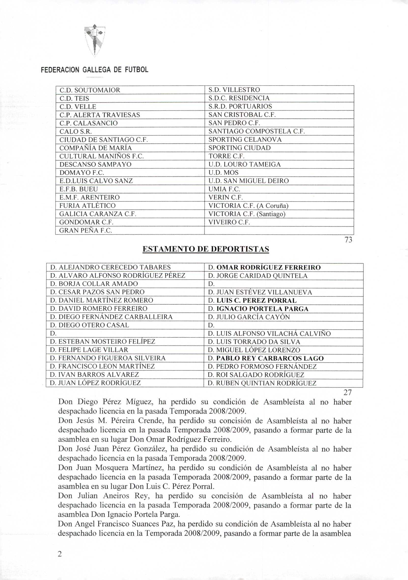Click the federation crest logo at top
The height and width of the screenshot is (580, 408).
click(x=95, y=40)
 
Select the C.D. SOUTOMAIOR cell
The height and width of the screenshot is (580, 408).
click(x=90, y=90)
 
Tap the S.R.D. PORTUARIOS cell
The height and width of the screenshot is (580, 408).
click(x=240, y=106)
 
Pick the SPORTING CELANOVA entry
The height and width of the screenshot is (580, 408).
click(x=245, y=140)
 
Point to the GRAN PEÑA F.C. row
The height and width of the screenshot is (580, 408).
click(x=85, y=231)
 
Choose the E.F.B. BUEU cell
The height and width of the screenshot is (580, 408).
click(x=79, y=189)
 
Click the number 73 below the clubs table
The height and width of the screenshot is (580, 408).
click(x=348, y=240)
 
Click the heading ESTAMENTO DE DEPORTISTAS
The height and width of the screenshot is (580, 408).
click(x=206, y=249)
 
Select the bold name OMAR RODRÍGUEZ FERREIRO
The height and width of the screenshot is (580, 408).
click(x=269, y=268)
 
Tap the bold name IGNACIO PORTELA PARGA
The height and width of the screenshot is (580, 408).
click(x=263, y=309)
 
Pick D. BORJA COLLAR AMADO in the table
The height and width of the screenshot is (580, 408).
click(x=94, y=284)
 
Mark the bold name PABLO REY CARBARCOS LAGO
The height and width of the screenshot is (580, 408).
click(x=270, y=359)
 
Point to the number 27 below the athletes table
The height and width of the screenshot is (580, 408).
click(x=347, y=393)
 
